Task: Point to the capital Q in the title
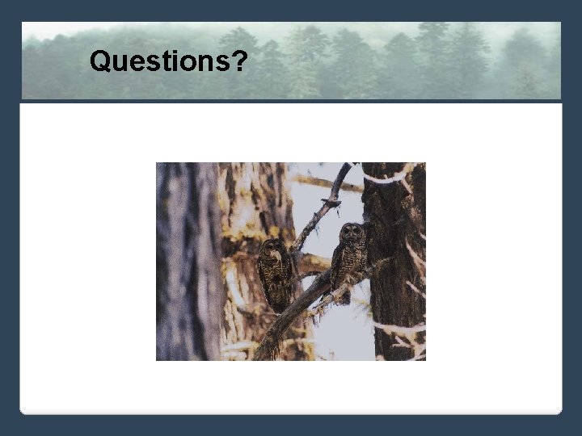click(100, 61)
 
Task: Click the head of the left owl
click(272, 249)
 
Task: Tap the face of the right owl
click(352, 233)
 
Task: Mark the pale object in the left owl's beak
click(276, 256)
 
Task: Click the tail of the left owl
click(279, 303)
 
